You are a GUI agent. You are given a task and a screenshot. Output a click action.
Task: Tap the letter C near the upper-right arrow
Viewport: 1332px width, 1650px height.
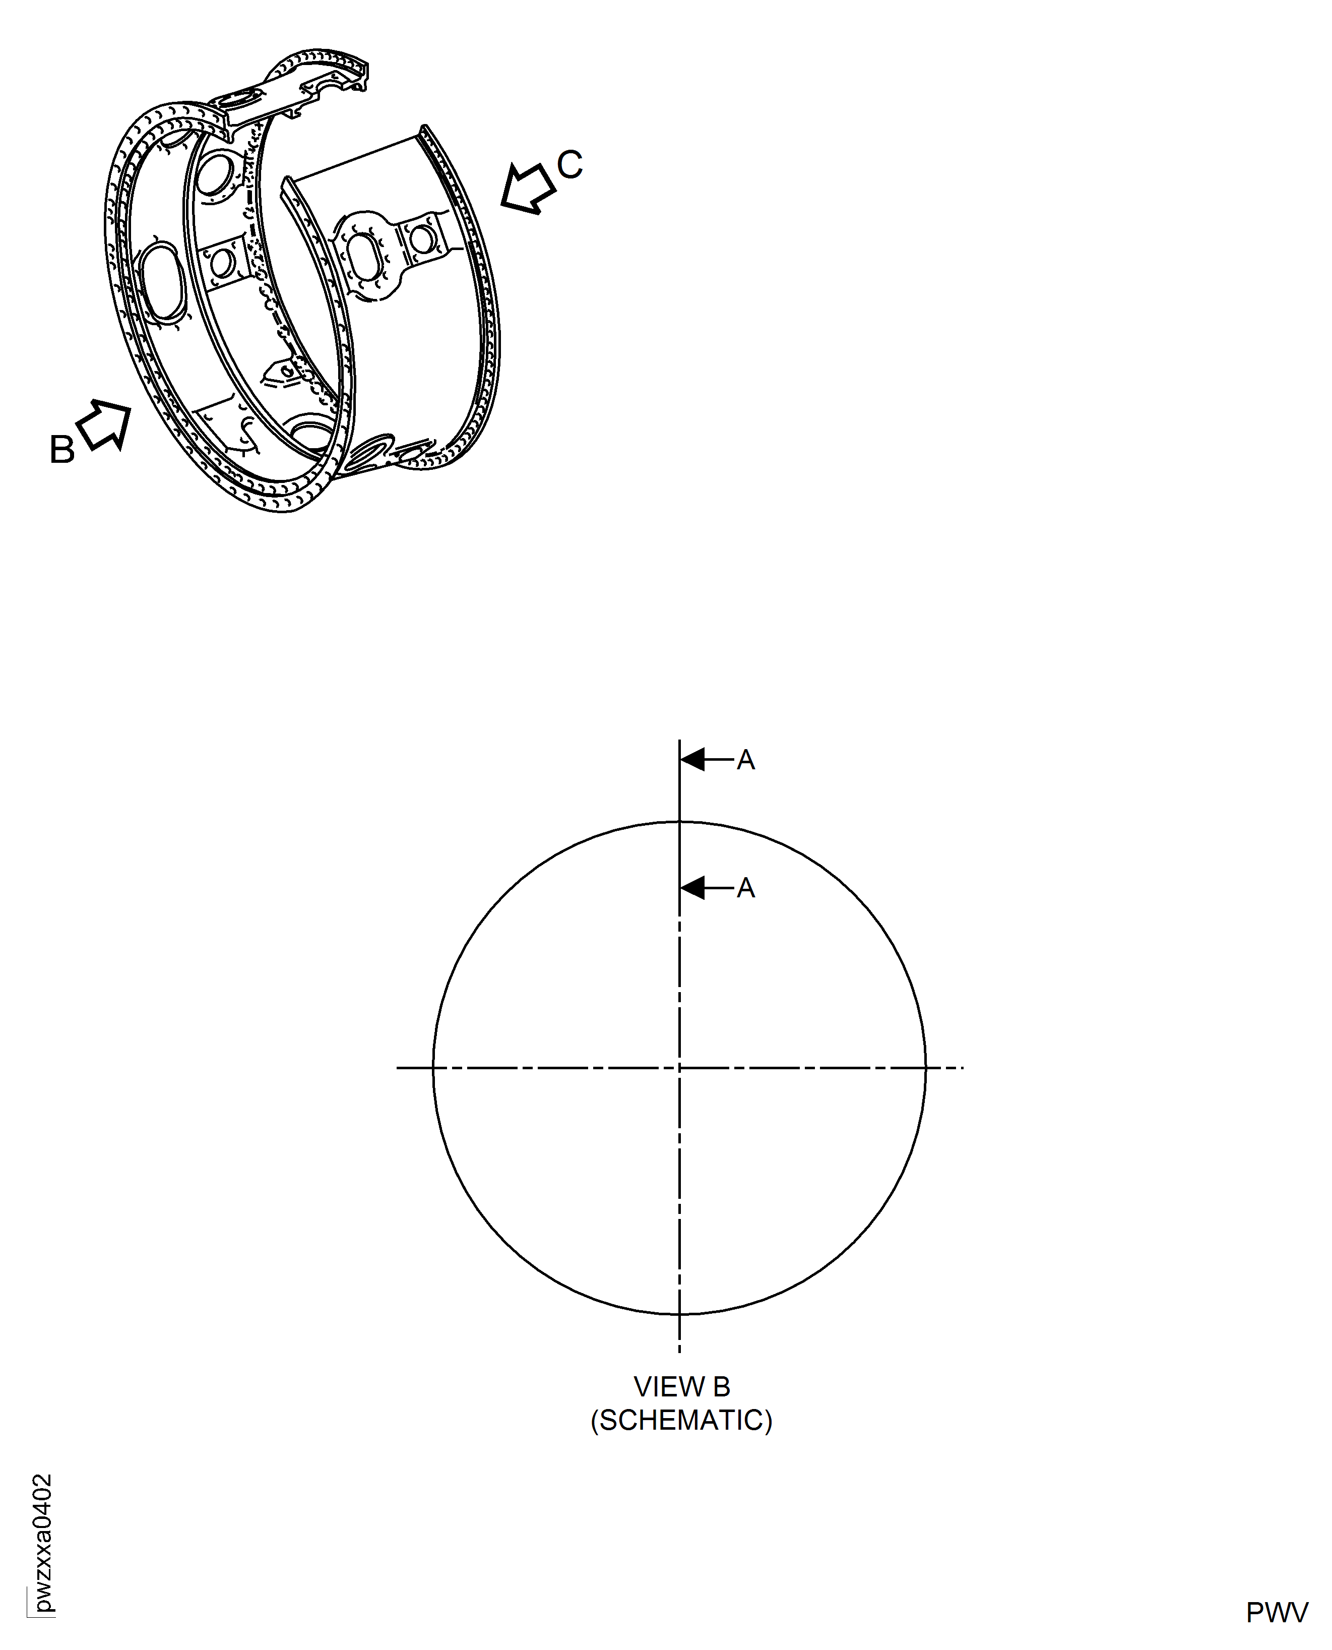569,164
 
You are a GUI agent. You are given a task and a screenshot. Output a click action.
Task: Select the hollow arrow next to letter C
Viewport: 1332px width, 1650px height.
528,187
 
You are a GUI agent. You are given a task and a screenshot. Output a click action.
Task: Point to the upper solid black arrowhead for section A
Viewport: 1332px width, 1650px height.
693,760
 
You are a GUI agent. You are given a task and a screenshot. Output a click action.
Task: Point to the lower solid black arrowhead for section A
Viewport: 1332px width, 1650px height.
693,888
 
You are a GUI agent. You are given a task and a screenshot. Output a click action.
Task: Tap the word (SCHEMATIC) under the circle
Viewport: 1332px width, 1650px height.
681,1421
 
